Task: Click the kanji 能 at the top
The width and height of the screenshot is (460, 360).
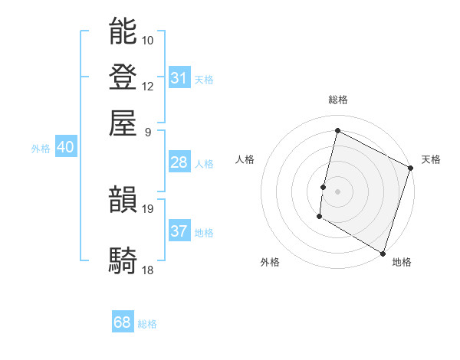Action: click(x=123, y=31)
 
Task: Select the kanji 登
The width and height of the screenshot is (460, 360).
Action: click(x=123, y=77)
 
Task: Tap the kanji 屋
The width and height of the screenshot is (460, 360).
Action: click(x=123, y=123)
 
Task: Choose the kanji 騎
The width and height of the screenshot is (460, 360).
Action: click(x=123, y=260)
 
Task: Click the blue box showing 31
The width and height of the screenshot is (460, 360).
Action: click(x=179, y=78)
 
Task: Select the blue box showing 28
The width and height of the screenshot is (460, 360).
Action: click(x=179, y=162)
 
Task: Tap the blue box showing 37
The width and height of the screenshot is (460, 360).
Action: click(x=179, y=231)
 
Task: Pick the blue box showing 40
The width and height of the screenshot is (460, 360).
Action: click(x=65, y=148)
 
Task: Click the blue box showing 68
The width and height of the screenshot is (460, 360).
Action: click(x=123, y=322)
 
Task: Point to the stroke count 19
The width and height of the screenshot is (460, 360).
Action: click(x=148, y=208)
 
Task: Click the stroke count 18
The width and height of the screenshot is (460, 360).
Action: click(x=148, y=270)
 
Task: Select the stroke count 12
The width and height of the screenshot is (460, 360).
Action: click(x=148, y=86)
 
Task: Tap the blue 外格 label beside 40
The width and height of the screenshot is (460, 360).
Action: click(x=41, y=149)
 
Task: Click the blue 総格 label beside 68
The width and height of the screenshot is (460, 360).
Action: click(x=147, y=324)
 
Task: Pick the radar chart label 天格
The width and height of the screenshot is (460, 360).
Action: click(x=431, y=159)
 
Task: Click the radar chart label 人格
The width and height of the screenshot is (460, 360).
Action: click(x=245, y=159)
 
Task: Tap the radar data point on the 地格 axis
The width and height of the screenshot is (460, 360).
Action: click(x=383, y=252)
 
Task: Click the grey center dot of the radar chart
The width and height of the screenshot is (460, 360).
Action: click(x=337, y=191)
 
